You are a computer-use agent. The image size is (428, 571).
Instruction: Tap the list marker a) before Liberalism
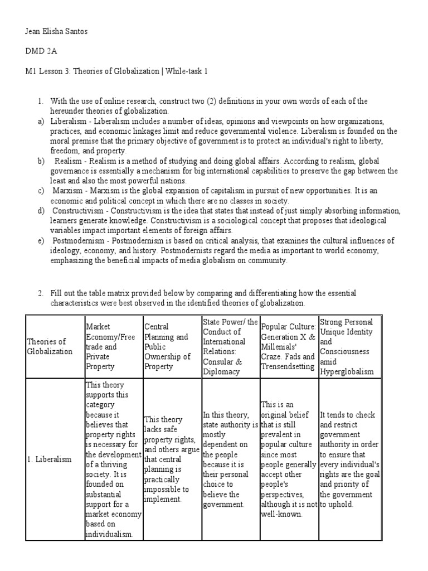pos(41,121)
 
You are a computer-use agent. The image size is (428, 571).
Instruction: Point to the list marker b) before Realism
pos(41,161)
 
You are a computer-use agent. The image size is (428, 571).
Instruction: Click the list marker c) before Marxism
pos(41,191)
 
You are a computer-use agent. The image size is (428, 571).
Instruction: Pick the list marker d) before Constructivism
pos(41,211)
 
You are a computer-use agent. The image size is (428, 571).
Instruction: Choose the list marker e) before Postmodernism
pos(41,241)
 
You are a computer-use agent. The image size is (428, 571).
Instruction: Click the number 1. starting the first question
pos(41,101)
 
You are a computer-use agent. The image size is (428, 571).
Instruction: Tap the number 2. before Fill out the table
pos(41,293)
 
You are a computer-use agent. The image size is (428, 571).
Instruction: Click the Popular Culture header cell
pos(289,346)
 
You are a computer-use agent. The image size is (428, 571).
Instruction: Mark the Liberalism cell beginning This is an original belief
pos(289,459)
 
